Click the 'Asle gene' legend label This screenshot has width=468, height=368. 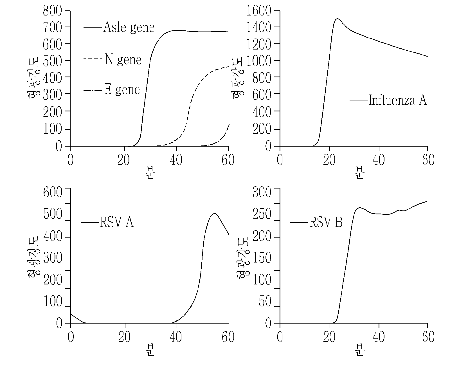tap(129, 28)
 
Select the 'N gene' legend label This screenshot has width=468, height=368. tap(123, 59)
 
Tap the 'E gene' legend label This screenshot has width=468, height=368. tap(122, 89)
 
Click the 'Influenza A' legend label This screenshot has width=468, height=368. tap(397, 100)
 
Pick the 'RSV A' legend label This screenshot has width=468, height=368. tap(117, 222)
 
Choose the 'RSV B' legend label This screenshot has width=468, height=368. tap(326, 222)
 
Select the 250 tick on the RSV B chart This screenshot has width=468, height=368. tap(262, 214)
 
